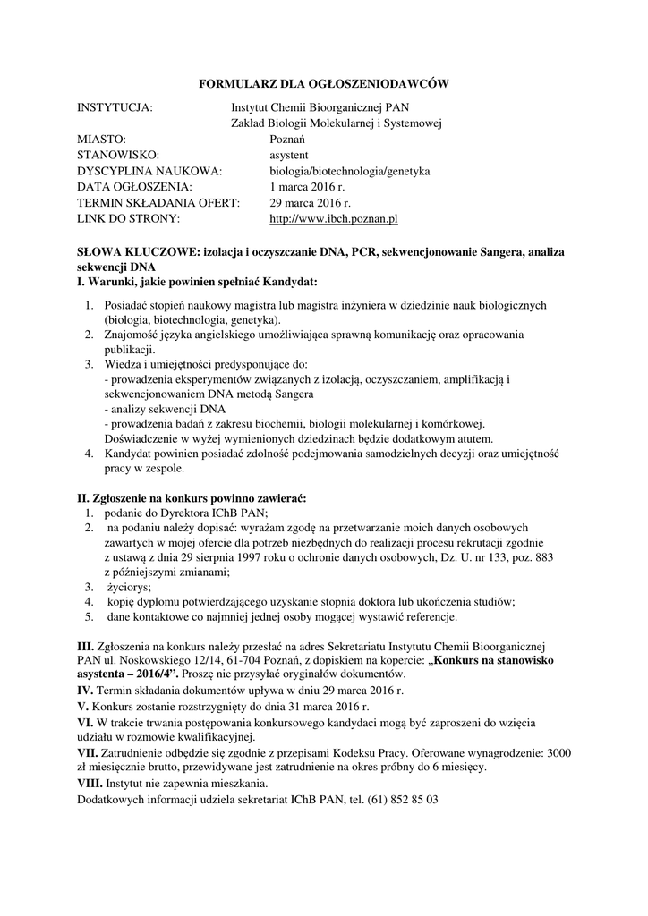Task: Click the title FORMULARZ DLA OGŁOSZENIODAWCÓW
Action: point(322,83)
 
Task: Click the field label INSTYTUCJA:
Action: point(115,107)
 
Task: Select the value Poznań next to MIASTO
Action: point(288,140)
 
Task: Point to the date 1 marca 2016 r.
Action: point(307,186)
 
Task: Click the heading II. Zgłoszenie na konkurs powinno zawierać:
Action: point(192,497)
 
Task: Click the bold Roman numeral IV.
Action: point(86,691)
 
